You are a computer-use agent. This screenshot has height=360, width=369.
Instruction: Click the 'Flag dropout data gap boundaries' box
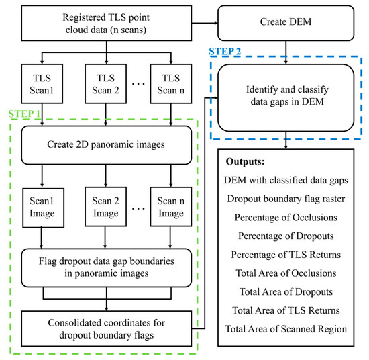tap(106, 267)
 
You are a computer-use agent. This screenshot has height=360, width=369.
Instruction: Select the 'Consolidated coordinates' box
tap(106, 325)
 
